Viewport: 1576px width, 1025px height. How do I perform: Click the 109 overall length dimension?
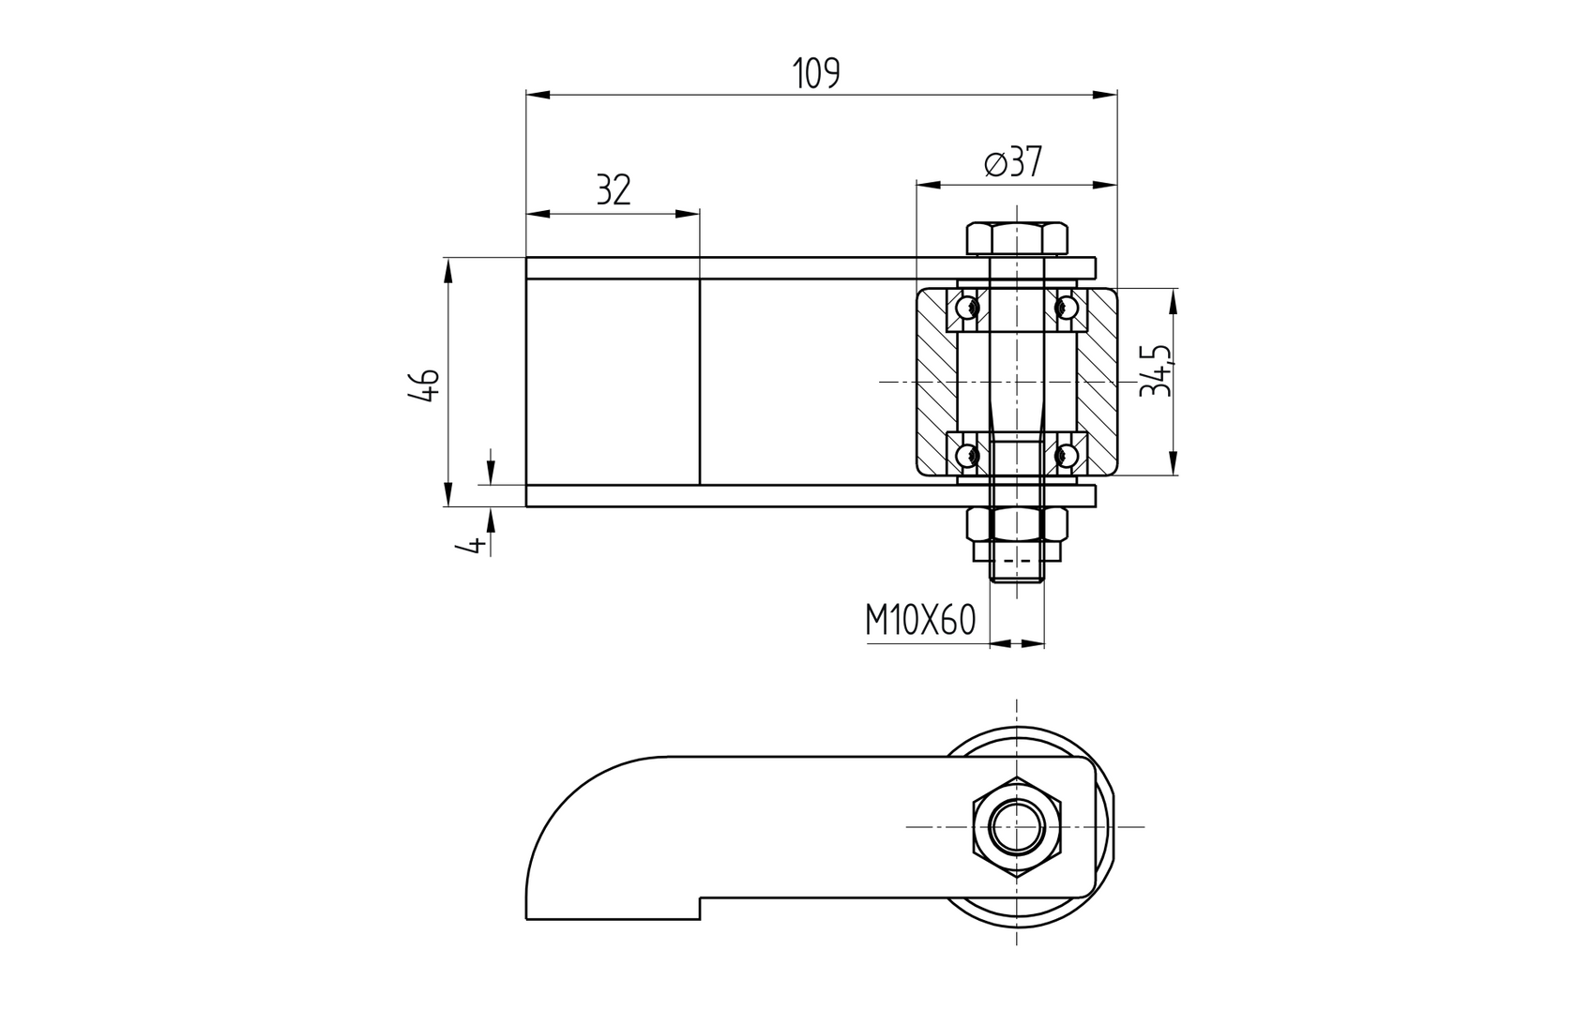[815, 73]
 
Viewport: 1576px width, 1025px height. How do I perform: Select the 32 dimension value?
[614, 190]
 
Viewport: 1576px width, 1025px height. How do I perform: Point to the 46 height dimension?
[424, 384]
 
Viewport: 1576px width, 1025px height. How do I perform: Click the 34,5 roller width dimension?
[1156, 370]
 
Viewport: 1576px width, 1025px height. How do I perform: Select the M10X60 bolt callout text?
[920, 620]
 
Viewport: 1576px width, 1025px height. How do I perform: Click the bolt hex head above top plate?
[1017, 238]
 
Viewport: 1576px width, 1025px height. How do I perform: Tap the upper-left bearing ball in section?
[967, 307]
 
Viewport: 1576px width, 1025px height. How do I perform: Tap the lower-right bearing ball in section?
[1065, 456]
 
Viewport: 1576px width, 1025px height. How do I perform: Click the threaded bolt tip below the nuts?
[1017, 569]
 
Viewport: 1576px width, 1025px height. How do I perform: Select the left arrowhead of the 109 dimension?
[536, 95]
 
